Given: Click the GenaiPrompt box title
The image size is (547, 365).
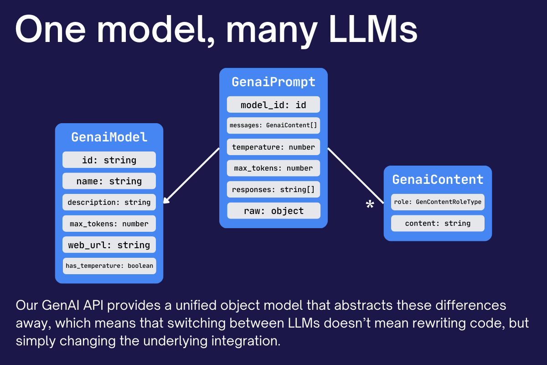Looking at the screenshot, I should pyautogui.click(x=273, y=82).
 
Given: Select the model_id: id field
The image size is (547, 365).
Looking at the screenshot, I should pyautogui.click(x=273, y=105).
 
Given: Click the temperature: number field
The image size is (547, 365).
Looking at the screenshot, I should pyautogui.click(x=273, y=147).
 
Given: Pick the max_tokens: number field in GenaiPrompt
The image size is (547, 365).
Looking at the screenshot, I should pyautogui.click(x=273, y=168).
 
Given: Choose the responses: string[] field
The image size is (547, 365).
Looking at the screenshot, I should pyautogui.click(x=273, y=189).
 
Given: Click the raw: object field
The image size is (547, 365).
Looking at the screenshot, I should pyautogui.click(x=273, y=211).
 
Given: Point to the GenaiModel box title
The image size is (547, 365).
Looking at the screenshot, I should pyautogui.click(x=109, y=137).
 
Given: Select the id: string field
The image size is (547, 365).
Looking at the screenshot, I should pyautogui.click(x=109, y=160).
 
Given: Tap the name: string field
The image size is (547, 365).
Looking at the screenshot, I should pyautogui.click(x=109, y=181).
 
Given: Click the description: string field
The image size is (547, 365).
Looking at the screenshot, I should pyautogui.click(x=109, y=202).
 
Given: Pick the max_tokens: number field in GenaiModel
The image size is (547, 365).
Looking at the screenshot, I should pyautogui.click(x=109, y=224).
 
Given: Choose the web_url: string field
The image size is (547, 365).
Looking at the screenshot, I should pyautogui.click(x=109, y=245).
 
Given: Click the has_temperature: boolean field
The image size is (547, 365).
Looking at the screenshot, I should pyautogui.click(x=109, y=266).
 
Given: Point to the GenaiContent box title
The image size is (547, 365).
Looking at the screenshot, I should pyautogui.click(x=438, y=179).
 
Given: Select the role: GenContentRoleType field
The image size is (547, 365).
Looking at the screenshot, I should pyautogui.click(x=438, y=202).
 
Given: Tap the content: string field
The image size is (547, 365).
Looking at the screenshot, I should pyautogui.click(x=438, y=223).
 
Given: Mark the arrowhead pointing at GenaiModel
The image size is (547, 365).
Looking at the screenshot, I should pyautogui.click(x=166, y=200).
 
